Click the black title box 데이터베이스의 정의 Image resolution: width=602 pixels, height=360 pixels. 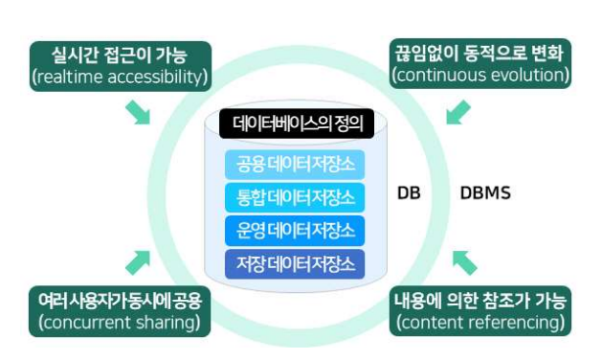pos(297,124)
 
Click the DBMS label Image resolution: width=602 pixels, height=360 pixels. pos(485,192)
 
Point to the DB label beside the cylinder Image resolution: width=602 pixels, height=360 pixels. pos(409,192)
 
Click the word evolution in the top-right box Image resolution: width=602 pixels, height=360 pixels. pos(529,75)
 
